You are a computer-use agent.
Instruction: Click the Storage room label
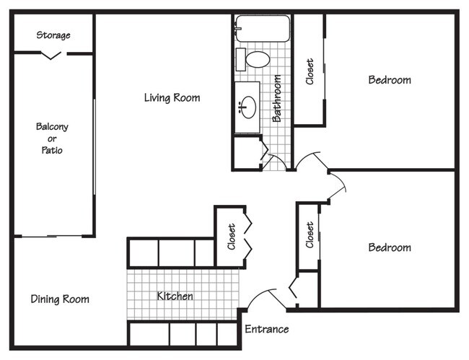(53, 35)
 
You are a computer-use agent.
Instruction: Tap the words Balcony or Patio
(52, 139)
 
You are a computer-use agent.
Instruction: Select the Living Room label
(172, 97)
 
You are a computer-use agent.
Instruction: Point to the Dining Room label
(60, 299)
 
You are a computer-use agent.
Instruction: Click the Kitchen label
(175, 296)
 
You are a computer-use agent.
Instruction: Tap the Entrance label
(266, 330)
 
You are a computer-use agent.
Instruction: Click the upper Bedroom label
(390, 79)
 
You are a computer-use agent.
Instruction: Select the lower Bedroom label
(390, 247)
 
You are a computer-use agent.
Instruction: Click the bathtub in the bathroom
(263, 29)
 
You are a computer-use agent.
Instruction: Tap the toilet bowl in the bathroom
(258, 58)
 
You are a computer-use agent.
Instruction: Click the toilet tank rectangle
(240, 58)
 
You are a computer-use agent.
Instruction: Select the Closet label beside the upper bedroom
(310, 71)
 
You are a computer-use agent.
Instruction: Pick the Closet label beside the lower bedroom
(310, 235)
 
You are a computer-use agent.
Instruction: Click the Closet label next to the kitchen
(231, 237)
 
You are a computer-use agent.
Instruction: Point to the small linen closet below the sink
(245, 152)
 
